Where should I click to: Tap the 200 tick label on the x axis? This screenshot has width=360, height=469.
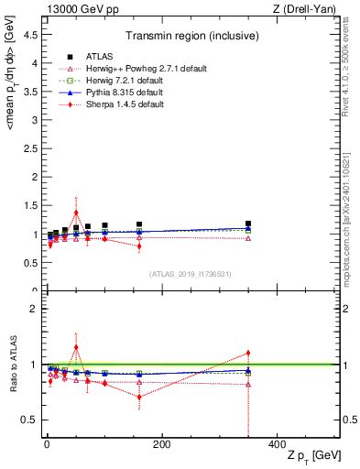(x=161, y=443)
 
